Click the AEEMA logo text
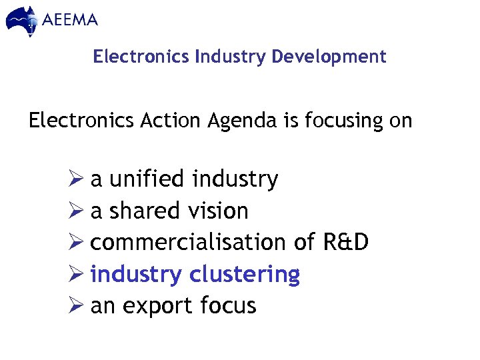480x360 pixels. tap(70, 19)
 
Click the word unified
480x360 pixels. tap(146, 179)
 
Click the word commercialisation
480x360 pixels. tap(188, 242)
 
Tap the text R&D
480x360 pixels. tap(346, 242)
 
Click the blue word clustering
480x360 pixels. tap(245, 274)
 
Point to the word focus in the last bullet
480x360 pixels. tap(228, 306)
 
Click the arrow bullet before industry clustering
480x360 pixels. tap(75, 274)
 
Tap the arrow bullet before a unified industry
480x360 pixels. tap(75, 179)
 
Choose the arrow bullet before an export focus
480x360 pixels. tap(75, 306)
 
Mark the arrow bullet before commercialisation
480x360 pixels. tap(75, 242)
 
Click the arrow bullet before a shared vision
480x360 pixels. tap(75, 211)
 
